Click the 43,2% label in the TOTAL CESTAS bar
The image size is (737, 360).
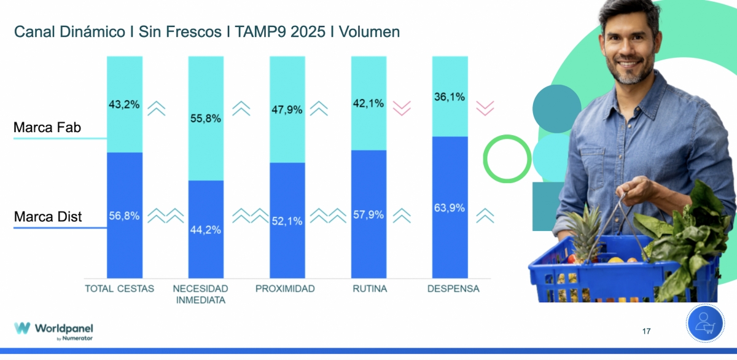(124, 104)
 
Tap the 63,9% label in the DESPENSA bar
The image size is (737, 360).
(450, 208)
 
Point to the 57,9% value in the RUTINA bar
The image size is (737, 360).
(368, 215)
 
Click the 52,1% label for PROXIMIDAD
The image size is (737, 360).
(287, 221)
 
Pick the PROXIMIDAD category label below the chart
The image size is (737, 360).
(285, 289)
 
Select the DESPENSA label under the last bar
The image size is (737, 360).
(453, 289)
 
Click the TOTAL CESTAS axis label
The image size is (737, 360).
(119, 289)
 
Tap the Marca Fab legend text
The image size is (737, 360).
(47, 128)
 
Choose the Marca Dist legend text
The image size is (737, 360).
(48, 217)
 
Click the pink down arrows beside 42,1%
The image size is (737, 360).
(402, 109)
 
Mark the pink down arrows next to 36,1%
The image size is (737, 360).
(485, 109)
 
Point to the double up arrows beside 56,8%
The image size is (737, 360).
(166, 216)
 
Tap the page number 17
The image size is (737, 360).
(646, 332)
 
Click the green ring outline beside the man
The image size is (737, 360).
(507, 158)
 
